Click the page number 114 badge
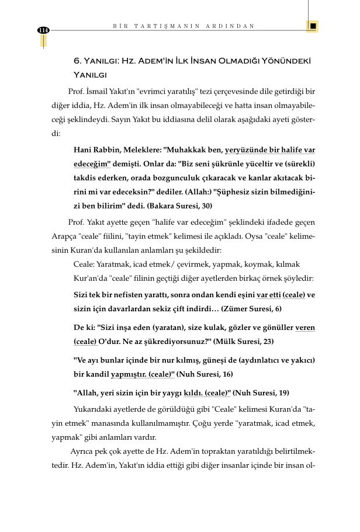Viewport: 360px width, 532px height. (43, 30)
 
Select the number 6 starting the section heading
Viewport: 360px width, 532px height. (76, 61)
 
